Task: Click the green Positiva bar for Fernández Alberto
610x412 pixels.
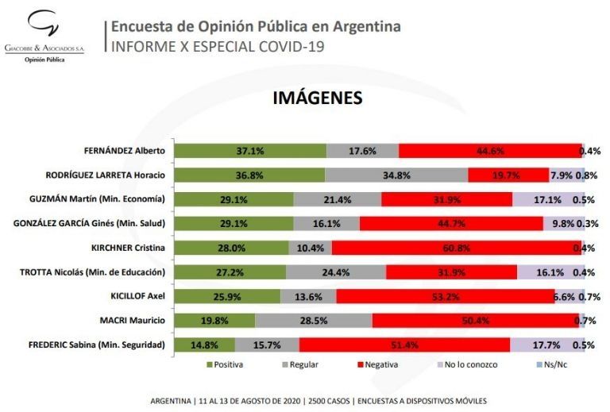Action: point(250,151)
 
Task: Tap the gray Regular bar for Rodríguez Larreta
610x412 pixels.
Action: point(396,175)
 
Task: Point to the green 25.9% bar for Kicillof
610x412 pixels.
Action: point(227,296)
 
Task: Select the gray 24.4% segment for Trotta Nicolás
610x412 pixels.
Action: point(336,272)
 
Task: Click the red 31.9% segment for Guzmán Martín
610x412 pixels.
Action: point(446,199)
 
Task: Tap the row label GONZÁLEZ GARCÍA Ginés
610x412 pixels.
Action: point(87,224)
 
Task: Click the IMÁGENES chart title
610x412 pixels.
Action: point(318,98)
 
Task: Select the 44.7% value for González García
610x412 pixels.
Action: point(451,224)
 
